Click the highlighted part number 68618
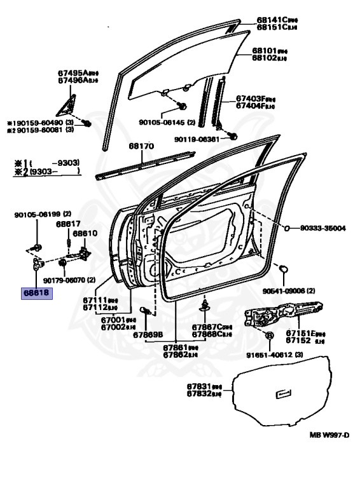coord(38,294)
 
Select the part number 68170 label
coord(141,146)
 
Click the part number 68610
coord(84,233)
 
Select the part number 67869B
coord(148,334)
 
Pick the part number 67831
coord(200,386)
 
